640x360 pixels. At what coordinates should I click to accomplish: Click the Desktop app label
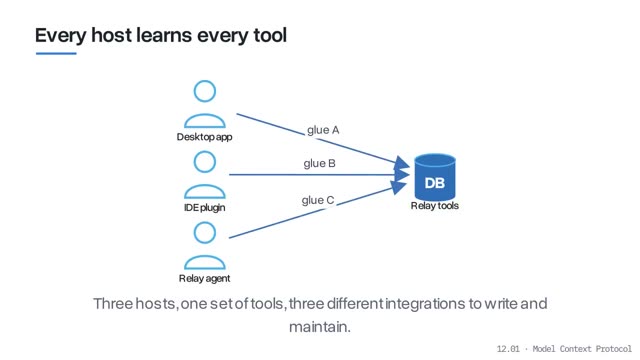coord(204,137)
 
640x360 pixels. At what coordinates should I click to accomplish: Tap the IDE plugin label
coord(204,207)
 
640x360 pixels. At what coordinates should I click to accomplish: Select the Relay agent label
coord(204,278)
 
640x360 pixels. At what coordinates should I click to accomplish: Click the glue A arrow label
coord(323,130)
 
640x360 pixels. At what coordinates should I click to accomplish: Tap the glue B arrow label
coord(320,164)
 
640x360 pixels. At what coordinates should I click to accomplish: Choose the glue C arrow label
coord(318,200)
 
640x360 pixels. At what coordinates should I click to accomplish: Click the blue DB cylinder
coord(435,177)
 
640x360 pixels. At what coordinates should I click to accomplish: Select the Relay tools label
coord(435,206)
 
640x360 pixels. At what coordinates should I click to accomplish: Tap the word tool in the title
coord(270,35)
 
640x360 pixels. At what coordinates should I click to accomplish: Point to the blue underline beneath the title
coord(56,53)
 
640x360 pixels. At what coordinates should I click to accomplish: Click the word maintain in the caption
coord(320,327)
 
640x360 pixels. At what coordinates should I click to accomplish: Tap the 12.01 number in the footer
coord(508,349)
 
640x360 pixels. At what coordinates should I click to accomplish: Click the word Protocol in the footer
coord(613,349)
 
